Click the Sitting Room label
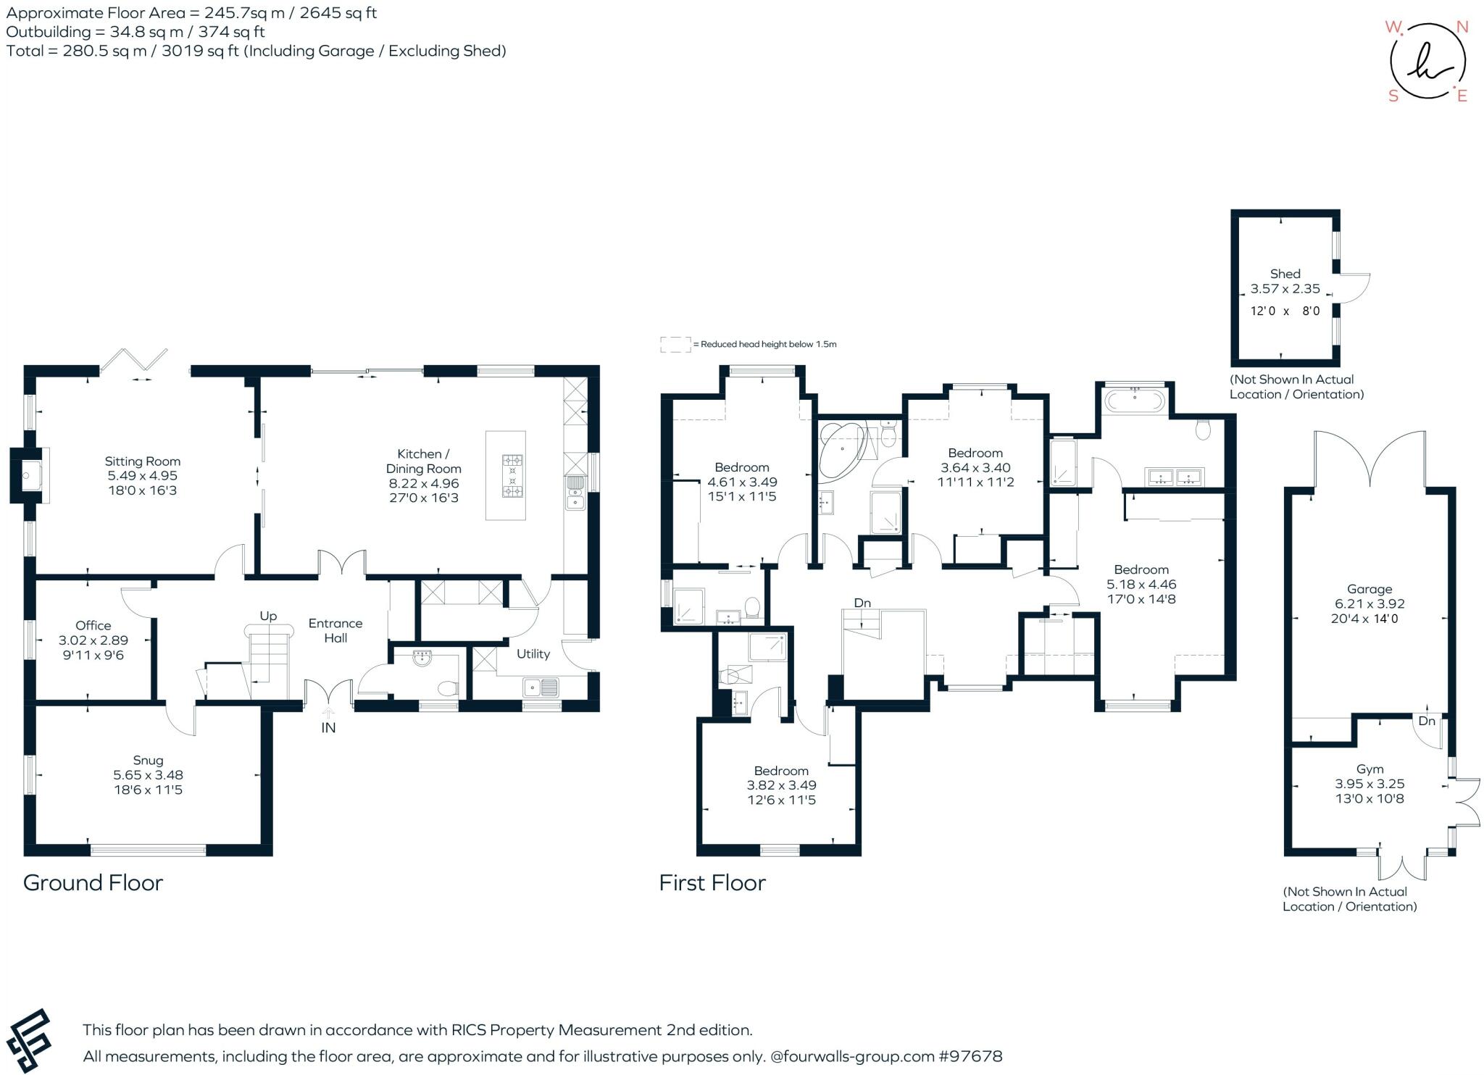click(142, 461)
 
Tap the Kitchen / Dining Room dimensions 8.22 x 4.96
click(423, 483)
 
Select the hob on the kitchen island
click(512, 475)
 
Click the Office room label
click(93, 625)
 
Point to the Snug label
click(148, 760)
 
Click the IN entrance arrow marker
click(328, 717)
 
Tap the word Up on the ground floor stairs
click(268, 616)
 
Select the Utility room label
click(533, 653)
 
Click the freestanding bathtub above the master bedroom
click(1135, 401)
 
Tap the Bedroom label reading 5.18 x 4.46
click(1141, 584)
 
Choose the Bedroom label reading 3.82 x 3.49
click(781, 785)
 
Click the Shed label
click(1285, 274)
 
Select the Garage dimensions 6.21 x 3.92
click(1370, 603)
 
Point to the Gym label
click(1370, 769)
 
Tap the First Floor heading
click(712, 883)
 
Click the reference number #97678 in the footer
click(970, 1056)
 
